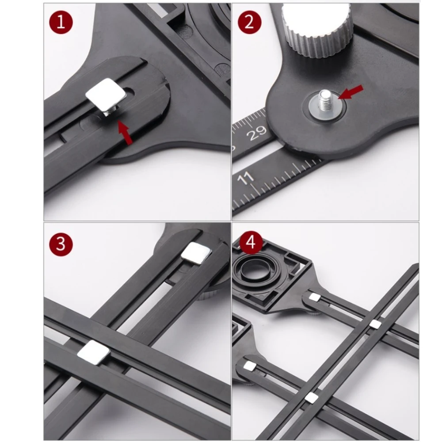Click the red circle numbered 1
pyautogui.click(x=61, y=22)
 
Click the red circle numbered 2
pyautogui.click(x=249, y=22)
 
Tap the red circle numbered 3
pyautogui.click(x=61, y=244)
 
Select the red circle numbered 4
pyautogui.click(x=251, y=242)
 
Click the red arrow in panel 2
pyautogui.click(x=351, y=92)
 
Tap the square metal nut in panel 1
pyautogui.click(x=106, y=95)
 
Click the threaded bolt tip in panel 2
pyautogui.click(x=326, y=100)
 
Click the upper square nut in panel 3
pyautogui.click(x=196, y=253)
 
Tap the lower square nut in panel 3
pyautogui.click(x=93, y=353)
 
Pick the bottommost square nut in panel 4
pyautogui.click(x=312, y=397)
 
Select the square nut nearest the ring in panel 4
pyautogui.click(x=315, y=297)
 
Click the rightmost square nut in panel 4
pyautogui.click(x=375, y=324)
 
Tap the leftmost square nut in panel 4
pyautogui.click(x=250, y=366)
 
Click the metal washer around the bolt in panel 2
pyautogui.click(x=327, y=107)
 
